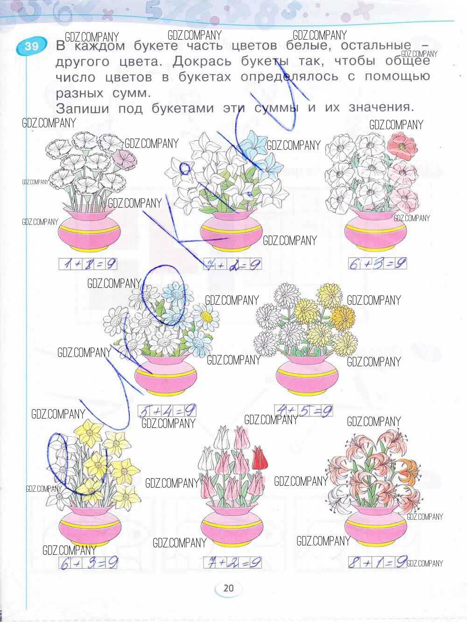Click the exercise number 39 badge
[31, 46]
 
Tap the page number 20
[228, 587]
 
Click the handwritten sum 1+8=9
[87, 264]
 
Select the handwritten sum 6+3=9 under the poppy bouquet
[377, 264]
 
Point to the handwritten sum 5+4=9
[167, 411]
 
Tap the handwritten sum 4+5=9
[304, 410]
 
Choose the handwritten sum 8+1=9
[377, 562]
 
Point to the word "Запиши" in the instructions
[82, 109]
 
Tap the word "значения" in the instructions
[381, 108]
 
